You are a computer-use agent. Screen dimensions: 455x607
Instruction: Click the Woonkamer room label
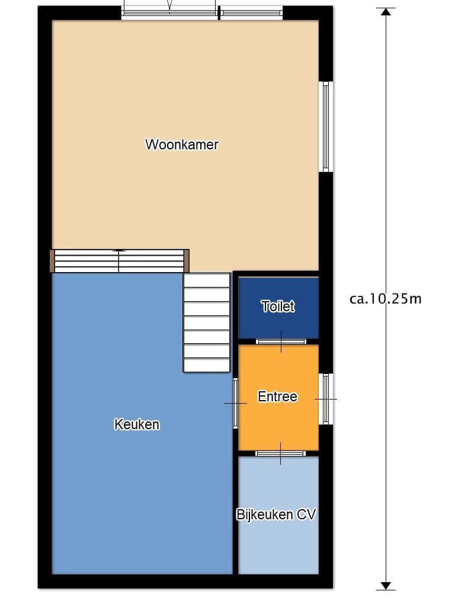pos(182,145)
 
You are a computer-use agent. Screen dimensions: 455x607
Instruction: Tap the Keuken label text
pos(137,424)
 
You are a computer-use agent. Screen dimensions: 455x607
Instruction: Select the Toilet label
pos(278,306)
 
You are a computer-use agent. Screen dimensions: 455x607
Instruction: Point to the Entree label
pos(277,397)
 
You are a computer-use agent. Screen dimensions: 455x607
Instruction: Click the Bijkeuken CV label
pos(276,515)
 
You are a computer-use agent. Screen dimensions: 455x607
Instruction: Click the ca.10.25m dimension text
pos(385,299)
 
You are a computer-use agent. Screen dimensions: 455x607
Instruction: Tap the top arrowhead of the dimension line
pos(386,12)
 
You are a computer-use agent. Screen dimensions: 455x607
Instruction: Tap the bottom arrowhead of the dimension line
pos(386,586)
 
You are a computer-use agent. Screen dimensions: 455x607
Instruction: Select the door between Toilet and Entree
pos(281,341)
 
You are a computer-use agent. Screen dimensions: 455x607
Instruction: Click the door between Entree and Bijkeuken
pos(280,453)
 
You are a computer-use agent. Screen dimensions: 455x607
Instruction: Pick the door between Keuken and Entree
pos(235,403)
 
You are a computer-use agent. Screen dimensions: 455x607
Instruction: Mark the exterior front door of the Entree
pos(326,399)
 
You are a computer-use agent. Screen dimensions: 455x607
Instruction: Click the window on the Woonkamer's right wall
pos(326,127)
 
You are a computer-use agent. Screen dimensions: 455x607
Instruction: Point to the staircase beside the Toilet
pos(207,322)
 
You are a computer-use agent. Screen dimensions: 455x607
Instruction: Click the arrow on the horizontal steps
pos(119,251)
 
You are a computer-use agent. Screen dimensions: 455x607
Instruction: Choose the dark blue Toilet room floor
pos(278,308)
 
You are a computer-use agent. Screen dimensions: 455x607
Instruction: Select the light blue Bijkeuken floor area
pos(278,515)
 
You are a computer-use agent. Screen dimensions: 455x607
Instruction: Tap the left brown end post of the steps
pos(52,261)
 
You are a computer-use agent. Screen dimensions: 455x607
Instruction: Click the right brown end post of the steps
pos(187,261)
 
